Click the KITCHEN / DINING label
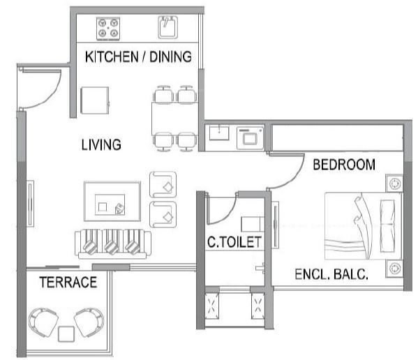(137, 57)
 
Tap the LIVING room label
(100, 145)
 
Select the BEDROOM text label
(343, 165)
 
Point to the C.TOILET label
(234, 243)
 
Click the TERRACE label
(67, 283)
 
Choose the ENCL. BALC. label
(331, 273)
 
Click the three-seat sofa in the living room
(112, 243)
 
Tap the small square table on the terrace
(66, 333)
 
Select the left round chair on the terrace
(44, 322)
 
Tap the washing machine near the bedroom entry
(248, 137)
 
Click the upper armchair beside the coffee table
(163, 184)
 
